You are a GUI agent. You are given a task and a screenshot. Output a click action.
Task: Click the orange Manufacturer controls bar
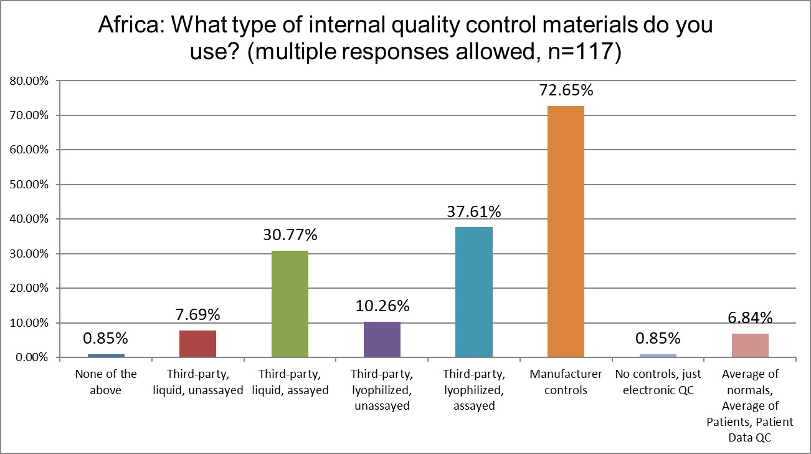tap(566, 231)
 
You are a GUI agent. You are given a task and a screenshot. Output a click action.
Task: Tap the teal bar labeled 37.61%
tap(474, 292)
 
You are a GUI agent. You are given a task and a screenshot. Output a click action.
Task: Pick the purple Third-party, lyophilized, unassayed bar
tap(382, 339)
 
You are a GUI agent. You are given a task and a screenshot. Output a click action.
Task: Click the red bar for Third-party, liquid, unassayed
tap(197, 344)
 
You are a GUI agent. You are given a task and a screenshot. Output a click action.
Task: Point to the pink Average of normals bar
tap(750, 345)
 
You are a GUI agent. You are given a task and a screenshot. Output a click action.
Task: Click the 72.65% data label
tap(566, 90)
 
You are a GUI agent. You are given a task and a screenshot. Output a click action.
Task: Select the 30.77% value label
tap(290, 235)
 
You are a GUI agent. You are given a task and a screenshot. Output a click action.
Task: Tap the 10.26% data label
tap(382, 306)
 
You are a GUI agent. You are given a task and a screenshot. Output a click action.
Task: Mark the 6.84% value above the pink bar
tap(750, 318)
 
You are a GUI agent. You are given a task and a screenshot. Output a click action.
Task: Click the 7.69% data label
tap(197, 315)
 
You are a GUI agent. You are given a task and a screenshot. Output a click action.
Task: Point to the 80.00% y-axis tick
tap(29, 80)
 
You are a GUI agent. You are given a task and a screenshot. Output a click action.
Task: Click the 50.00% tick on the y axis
tap(29, 185)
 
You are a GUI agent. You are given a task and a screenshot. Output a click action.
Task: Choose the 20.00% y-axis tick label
tap(29, 288)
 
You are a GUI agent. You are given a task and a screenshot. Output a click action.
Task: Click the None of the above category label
tap(105, 382)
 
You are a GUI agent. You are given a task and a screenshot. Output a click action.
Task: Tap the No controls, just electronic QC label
tap(658, 382)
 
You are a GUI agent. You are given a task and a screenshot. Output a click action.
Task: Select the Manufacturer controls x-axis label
tap(566, 382)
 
